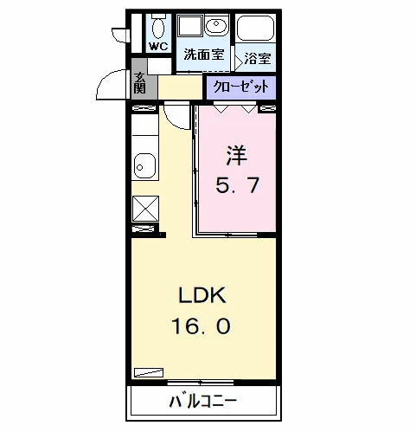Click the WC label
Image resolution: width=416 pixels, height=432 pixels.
[x=158, y=46]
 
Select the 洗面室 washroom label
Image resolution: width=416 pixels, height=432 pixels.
[x=204, y=54]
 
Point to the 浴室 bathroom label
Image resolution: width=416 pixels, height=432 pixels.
[x=258, y=59]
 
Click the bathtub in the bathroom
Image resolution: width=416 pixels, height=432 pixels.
[x=255, y=28]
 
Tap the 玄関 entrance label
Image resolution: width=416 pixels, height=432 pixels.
[x=140, y=82]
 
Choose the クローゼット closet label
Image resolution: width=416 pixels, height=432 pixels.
[x=240, y=87]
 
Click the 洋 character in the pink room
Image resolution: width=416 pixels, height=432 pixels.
[x=237, y=156]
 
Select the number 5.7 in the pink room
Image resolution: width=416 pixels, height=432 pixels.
[x=238, y=185]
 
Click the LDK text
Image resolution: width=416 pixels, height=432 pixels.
[x=202, y=295]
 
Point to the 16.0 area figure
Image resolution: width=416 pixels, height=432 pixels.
[x=201, y=326]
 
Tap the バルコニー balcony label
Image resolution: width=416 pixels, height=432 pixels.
[x=203, y=402]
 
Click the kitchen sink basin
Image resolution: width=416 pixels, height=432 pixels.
[x=145, y=166]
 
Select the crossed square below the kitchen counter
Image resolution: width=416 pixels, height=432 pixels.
[x=145, y=209]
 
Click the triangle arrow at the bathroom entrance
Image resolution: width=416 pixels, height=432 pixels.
[x=239, y=61]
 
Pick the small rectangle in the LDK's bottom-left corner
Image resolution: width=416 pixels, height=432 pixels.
[x=149, y=372]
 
